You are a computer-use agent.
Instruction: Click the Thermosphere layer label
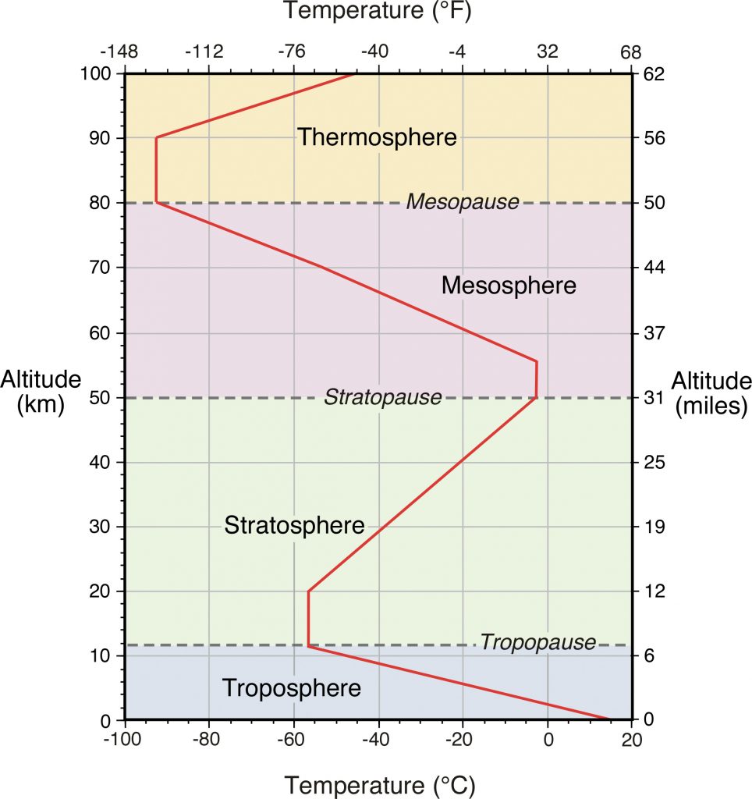377,138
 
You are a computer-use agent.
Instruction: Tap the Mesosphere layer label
509,286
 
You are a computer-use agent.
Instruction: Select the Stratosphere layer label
294,525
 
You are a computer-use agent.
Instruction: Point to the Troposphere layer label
292,688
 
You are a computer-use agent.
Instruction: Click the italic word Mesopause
462,202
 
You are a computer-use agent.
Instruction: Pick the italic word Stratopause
382,397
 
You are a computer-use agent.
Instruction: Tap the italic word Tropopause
537,643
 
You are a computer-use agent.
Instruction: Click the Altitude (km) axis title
41,392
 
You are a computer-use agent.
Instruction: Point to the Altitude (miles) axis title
711,392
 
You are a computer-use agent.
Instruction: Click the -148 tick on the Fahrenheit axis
119,52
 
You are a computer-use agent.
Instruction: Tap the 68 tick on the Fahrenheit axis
630,52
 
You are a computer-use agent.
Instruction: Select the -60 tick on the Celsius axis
293,738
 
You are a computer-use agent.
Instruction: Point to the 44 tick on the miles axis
653,268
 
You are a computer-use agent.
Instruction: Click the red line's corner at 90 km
156,138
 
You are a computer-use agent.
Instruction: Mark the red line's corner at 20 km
309,591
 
